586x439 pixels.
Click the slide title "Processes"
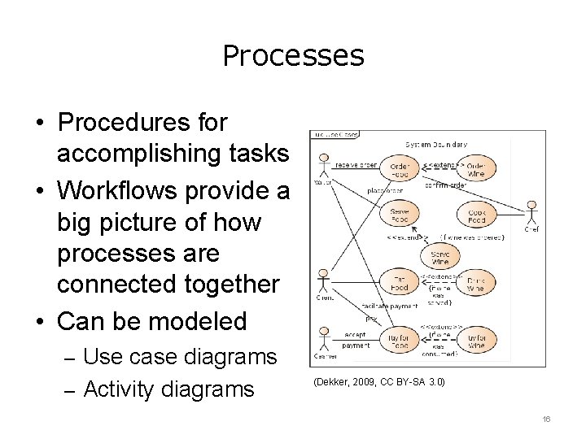(x=293, y=55)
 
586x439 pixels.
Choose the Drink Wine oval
(x=476, y=285)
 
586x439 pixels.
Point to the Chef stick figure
(x=531, y=213)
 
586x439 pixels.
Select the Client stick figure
(x=324, y=282)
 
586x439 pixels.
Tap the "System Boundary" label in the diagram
(x=436, y=144)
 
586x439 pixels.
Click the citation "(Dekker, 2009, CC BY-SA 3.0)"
(x=378, y=381)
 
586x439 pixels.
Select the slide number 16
(x=547, y=419)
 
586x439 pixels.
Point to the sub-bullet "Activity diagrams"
(x=168, y=389)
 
